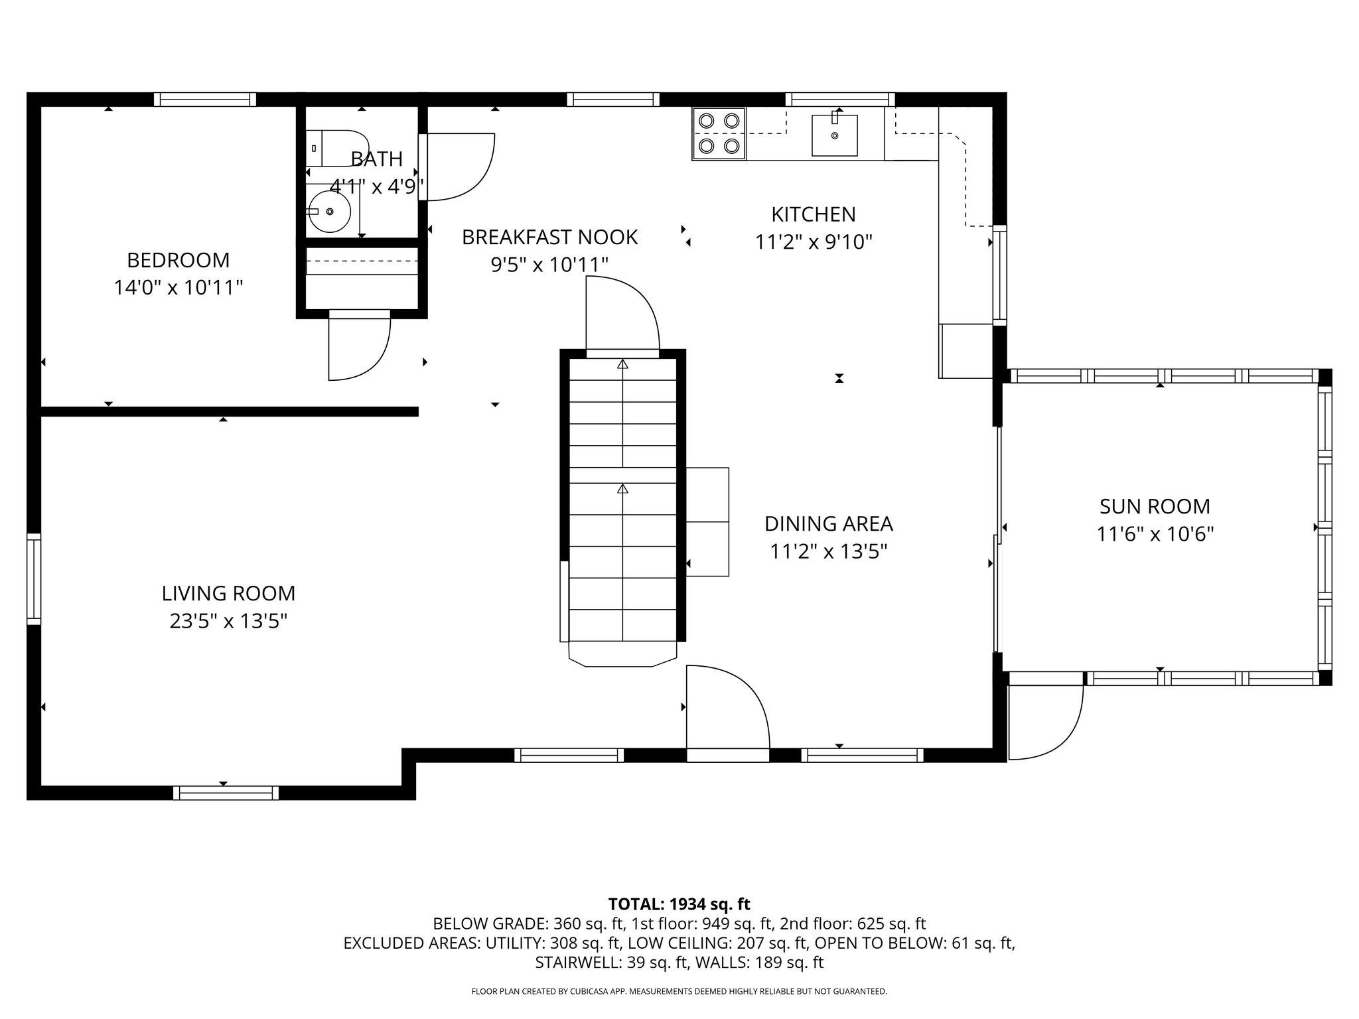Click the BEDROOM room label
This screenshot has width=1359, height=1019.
178,259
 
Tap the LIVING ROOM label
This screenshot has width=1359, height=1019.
228,593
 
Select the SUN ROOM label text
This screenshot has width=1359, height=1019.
1155,506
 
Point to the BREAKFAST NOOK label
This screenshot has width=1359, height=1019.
549,237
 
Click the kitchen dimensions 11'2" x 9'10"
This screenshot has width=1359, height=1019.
814,242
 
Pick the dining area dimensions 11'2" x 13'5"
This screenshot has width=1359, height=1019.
829,551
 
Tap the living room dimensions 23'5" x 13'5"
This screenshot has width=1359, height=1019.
228,622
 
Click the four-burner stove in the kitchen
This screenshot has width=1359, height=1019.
719,133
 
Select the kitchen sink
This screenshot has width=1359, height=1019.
835,135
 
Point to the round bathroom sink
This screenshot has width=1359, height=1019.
330,212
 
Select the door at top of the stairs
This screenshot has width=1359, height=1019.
622,317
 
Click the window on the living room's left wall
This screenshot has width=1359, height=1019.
34,578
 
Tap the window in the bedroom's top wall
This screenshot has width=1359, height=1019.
205,100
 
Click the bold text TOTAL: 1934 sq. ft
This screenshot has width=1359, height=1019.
679,904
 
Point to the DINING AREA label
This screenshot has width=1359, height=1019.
829,523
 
